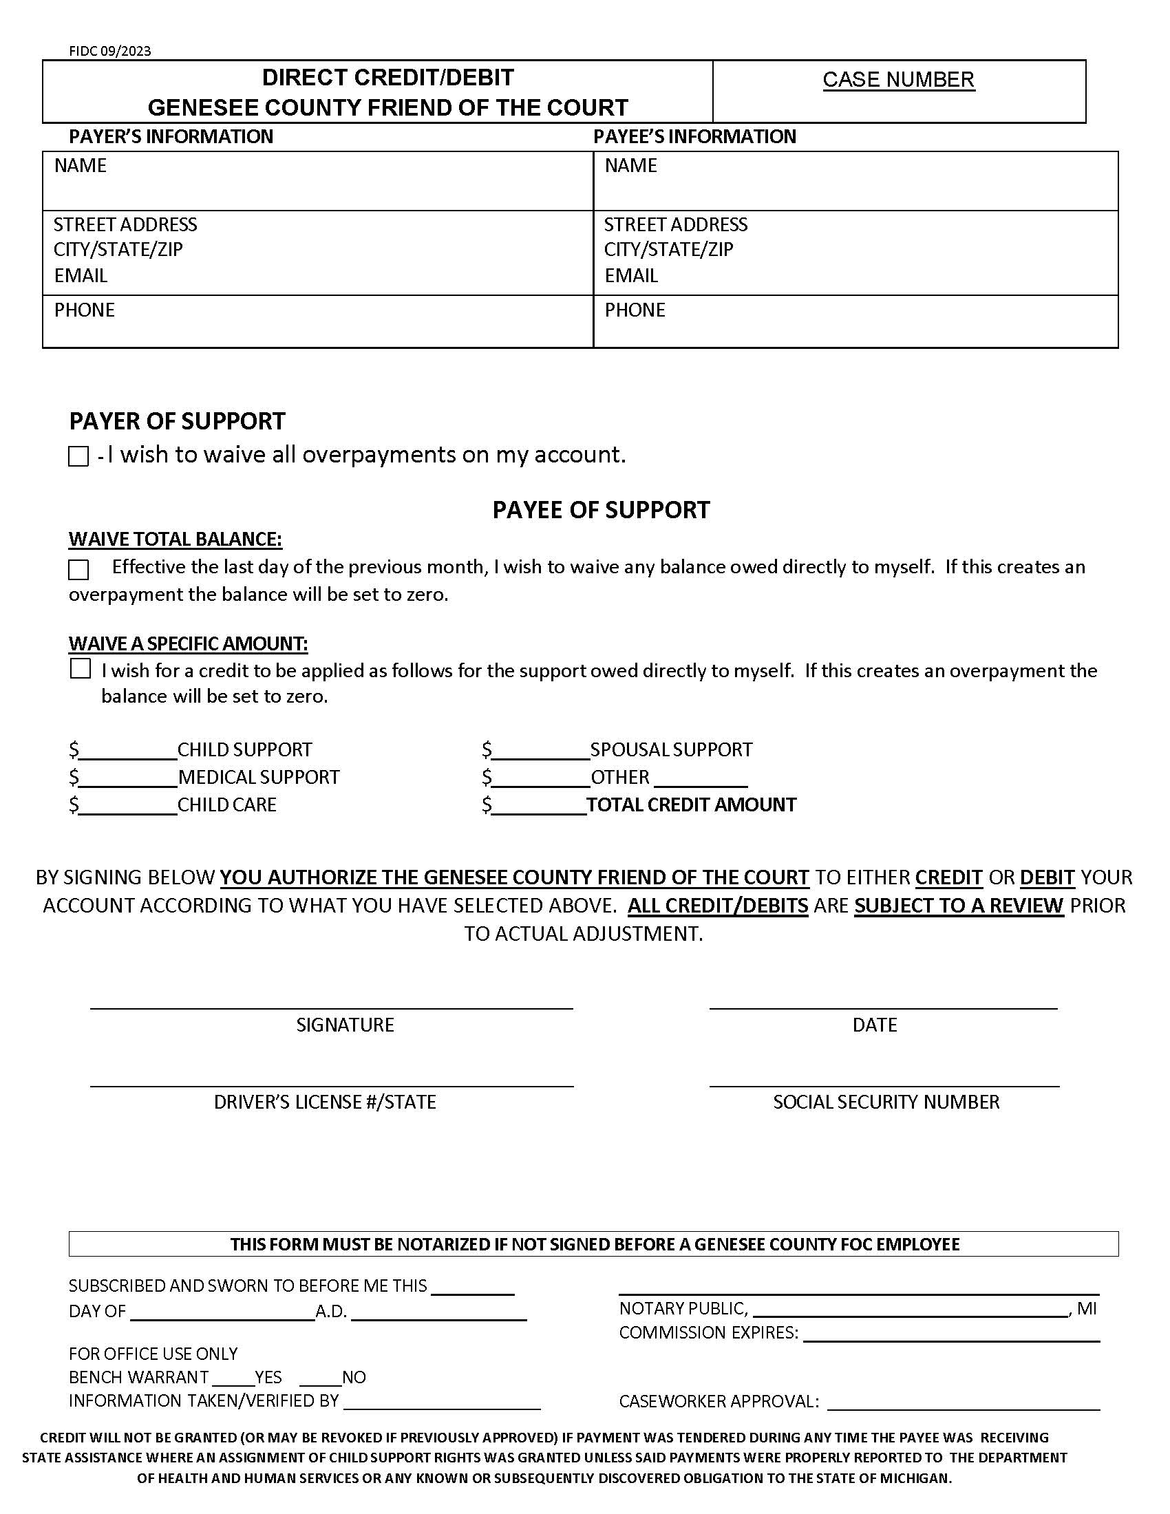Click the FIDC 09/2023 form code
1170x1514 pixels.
[x=109, y=51]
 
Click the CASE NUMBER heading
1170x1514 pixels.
[x=898, y=79]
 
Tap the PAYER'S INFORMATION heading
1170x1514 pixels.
[x=171, y=136]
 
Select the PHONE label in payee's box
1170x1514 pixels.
[x=635, y=310]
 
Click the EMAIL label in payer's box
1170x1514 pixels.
[x=81, y=275]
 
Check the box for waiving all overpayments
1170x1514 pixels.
[x=78, y=456]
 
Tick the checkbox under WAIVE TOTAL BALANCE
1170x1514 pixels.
[x=78, y=569]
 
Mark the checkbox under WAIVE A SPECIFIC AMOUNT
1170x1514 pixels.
[x=81, y=669]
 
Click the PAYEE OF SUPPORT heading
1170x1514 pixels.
[x=601, y=509]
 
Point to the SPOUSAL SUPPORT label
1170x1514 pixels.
[x=671, y=749]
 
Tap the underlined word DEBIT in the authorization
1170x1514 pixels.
[x=1047, y=877]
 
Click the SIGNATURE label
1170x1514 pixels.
[x=345, y=1025]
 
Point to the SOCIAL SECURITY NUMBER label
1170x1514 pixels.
[x=886, y=1102]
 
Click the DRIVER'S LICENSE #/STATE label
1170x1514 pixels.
[x=324, y=1102]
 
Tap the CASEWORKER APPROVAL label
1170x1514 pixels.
[x=719, y=1401]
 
